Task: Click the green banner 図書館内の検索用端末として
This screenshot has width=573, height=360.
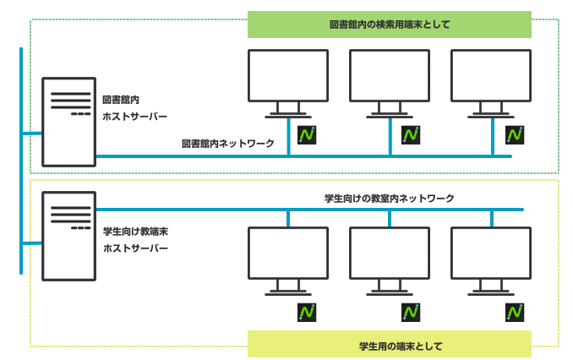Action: click(x=389, y=25)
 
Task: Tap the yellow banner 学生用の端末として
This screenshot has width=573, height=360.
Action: click(x=389, y=345)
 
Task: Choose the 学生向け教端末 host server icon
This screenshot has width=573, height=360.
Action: click(x=70, y=233)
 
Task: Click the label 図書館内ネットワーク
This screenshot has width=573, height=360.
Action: click(x=228, y=144)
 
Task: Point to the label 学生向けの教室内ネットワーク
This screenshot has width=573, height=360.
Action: click(x=390, y=198)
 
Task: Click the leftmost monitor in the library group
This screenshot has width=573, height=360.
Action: click(x=288, y=81)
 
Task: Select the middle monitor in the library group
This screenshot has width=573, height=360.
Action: click(x=390, y=81)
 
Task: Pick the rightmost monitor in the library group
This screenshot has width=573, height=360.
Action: click(x=491, y=81)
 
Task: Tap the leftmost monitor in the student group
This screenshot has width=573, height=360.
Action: click(x=288, y=259)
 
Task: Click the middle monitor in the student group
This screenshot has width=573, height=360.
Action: click(x=390, y=259)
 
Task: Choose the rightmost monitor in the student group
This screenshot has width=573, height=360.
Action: click(x=491, y=259)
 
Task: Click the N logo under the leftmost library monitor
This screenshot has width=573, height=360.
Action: click(x=307, y=134)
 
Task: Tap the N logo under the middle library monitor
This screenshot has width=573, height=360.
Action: click(x=411, y=134)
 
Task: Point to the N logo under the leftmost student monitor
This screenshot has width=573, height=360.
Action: click(x=307, y=312)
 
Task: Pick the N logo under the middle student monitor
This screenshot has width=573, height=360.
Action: click(x=411, y=312)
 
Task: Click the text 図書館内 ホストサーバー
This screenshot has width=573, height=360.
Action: click(x=134, y=108)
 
